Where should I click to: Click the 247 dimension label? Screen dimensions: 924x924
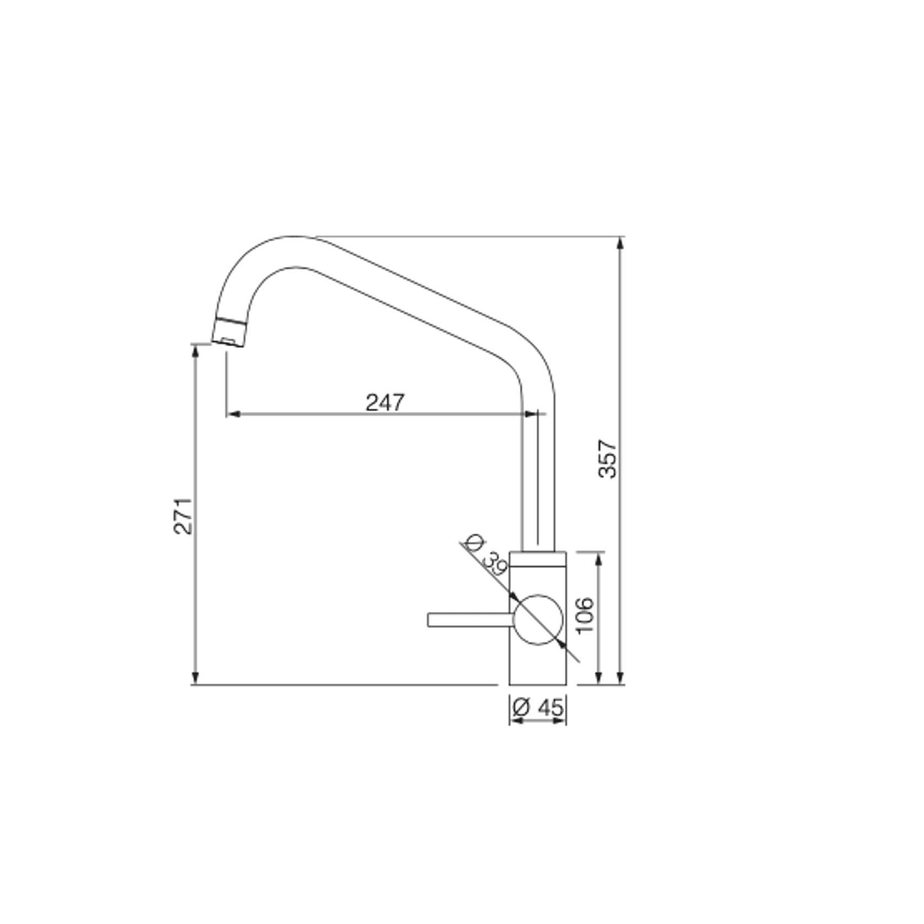tap(385, 402)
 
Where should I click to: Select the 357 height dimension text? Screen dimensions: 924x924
tap(608, 459)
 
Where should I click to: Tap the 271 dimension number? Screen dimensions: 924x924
tap(183, 516)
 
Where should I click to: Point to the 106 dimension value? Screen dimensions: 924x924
tap(584, 615)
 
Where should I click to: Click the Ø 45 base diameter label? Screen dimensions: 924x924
tap(538, 707)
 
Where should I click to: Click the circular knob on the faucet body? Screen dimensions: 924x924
tap(538, 620)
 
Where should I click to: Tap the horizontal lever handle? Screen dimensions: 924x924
tap(470, 620)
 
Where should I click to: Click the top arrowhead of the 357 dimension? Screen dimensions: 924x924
tap(621, 243)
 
